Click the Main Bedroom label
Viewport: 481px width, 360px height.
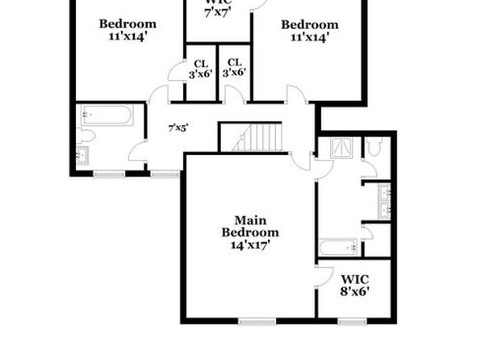click(x=250, y=227)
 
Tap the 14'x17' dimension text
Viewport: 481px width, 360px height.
click(x=250, y=245)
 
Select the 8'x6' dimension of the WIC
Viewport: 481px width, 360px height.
click(x=354, y=291)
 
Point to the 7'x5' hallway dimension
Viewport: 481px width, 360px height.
click(x=178, y=128)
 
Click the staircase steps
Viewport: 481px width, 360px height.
click(x=257, y=137)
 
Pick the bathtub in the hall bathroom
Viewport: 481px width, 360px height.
click(x=107, y=115)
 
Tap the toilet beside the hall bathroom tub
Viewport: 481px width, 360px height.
click(x=86, y=136)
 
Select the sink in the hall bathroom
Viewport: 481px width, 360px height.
click(x=82, y=156)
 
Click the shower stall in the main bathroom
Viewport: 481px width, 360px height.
click(x=341, y=148)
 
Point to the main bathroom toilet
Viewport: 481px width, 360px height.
click(x=374, y=146)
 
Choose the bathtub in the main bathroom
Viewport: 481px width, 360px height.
click(x=337, y=247)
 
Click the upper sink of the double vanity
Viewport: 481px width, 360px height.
click(x=384, y=192)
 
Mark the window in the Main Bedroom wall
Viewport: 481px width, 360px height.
click(x=257, y=321)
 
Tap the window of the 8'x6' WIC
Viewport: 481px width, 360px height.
click(x=353, y=321)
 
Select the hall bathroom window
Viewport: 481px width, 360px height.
click(x=109, y=174)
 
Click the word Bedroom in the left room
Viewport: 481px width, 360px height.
click(x=128, y=24)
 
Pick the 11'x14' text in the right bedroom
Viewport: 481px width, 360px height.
click(x=310, y=37)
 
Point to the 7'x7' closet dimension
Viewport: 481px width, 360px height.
click(x=218, y=13)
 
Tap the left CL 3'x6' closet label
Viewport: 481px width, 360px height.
click(x=201, y=69)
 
